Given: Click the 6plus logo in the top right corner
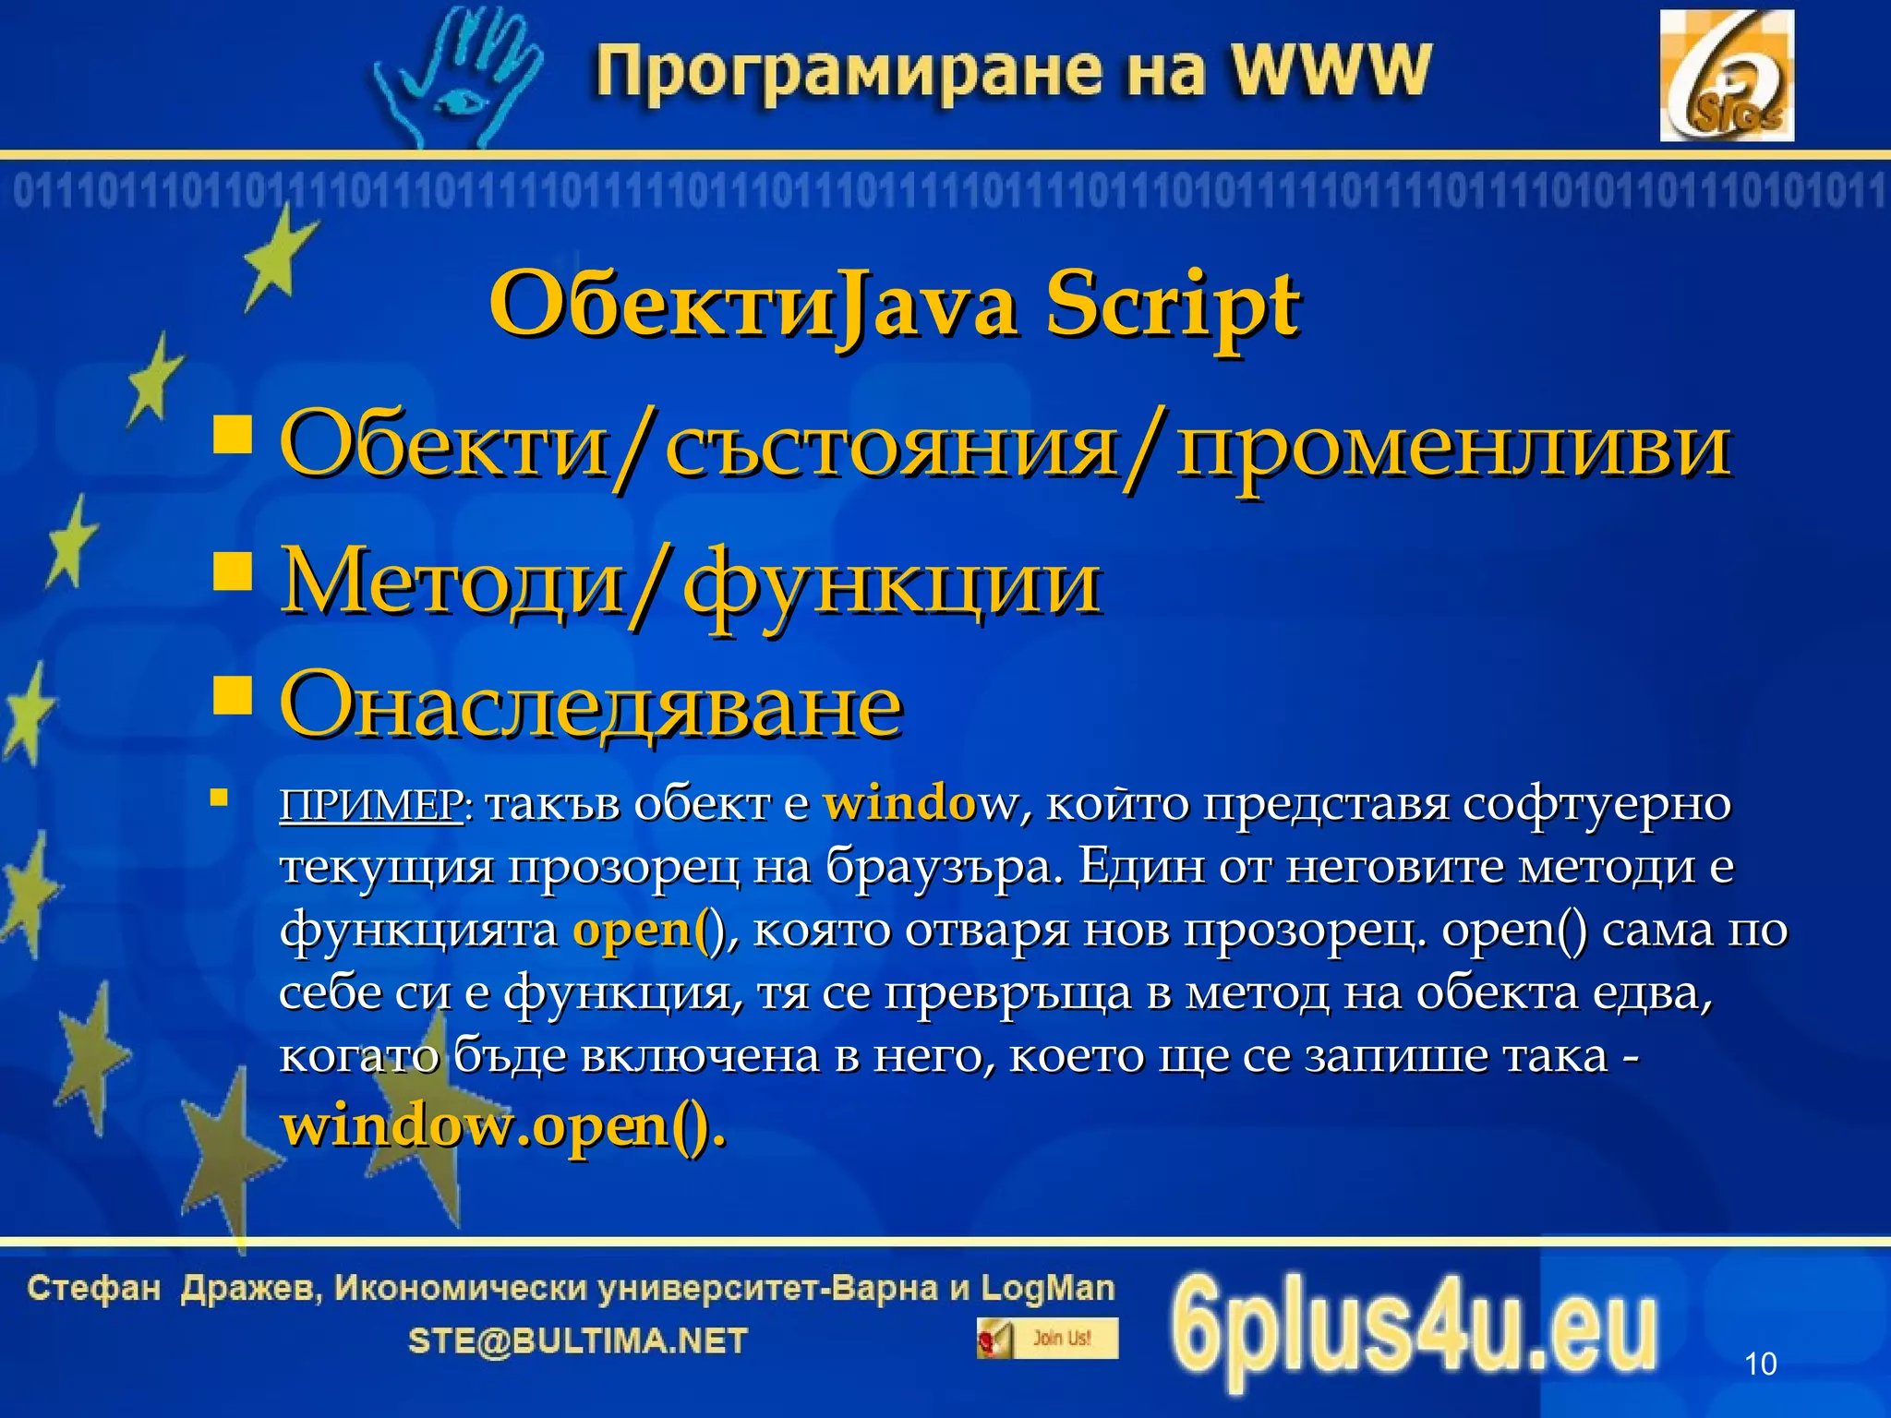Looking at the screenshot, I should [1726, 76].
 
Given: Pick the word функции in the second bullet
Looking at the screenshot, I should [891, 583].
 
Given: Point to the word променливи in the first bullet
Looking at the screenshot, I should [1452, 447].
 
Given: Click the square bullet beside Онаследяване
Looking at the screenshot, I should [232, 696].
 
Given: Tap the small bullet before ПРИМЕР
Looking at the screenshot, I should [219, 798].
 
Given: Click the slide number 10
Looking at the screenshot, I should [1760, 1364].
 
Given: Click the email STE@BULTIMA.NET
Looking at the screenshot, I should [578, 1340].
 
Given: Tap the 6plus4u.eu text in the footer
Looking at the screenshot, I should [1414, 1330].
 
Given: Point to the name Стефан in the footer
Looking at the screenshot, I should [94, 1288].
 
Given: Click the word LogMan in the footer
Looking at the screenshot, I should [1047, 1288].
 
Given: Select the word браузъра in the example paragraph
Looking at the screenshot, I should [938, 867].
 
